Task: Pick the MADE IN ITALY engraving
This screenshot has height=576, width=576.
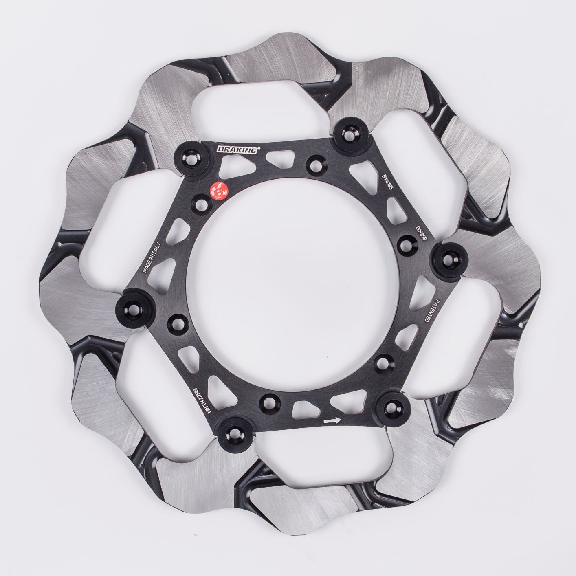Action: click(153, 256)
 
